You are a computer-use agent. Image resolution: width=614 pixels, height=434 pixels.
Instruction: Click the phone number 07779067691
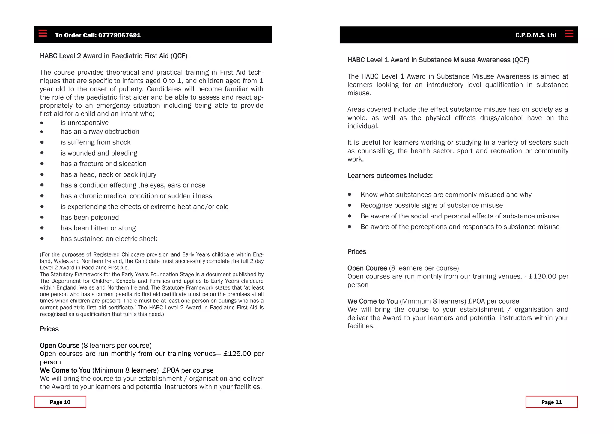[x=119, y=35]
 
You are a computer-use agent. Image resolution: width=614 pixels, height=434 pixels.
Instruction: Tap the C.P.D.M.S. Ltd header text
[x=535, y=35]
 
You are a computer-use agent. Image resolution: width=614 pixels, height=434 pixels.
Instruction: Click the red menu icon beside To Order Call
[x=43, y=33]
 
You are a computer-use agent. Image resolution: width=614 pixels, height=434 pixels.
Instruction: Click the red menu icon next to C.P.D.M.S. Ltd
[x=569, y=34]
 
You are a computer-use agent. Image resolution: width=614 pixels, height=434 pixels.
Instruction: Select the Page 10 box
[x=60, y=402]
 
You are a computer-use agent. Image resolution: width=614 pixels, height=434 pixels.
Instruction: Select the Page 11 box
[x=551, y=402]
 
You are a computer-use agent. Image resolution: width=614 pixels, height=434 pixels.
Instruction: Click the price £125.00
[x=237, y=354]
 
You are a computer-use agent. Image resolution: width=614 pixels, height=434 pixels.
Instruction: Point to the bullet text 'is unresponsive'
[x=85, y=123]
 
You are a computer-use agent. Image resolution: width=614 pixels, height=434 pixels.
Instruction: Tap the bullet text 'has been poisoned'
[x=90, y=218]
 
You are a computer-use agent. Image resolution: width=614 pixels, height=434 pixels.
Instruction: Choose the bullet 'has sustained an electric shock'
[x=109, y=239]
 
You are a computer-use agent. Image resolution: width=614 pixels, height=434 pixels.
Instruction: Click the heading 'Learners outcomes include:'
[x=390, y=176]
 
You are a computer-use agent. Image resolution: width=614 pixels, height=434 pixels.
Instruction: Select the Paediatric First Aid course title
[x=114, y=56]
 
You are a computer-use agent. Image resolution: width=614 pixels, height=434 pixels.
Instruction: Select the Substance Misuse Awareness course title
[x=438, y=60]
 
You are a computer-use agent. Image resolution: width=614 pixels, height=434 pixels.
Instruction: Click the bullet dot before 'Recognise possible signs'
[x=350, y=205]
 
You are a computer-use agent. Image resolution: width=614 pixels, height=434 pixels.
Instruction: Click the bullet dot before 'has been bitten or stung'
[x=42, y=228]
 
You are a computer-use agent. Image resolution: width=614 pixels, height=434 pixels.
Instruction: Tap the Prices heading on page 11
[x=356, y=252]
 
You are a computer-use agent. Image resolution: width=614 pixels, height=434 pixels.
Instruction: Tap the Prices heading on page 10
[x=49, y=329]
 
